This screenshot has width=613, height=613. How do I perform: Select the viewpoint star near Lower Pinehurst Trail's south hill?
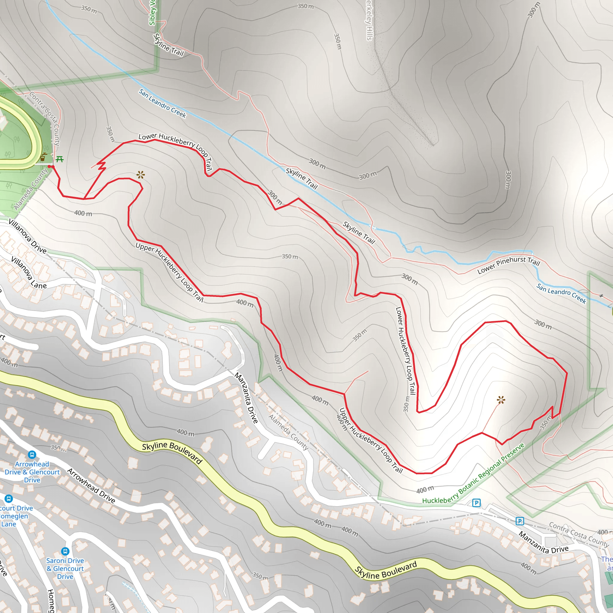pyautogui.click(x=501, y=400)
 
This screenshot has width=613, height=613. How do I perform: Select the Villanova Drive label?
pyautogui.click(x=28, y=236)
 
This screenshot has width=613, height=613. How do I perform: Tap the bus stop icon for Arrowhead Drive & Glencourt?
pyautogui.click(x=32, y=455)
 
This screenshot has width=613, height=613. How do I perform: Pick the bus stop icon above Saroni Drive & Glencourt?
pyautogui.click(x=65, y=551)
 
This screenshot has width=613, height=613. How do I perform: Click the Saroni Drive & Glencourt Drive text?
pyautogui.click(x=65, y=568)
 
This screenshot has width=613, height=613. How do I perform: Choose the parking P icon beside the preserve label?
pyautogui.click(x=476, y=503)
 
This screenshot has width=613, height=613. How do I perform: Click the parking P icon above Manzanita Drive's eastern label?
pyautogui.click(x=520, y=521)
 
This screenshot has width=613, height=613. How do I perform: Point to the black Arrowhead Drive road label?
pyautogui.click(x=91, y=486)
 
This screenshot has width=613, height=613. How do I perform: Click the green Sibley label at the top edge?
pyautogui.click(x=152, y=13)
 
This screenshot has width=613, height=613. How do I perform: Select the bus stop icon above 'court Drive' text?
pyautogui.click(x=9, y=498)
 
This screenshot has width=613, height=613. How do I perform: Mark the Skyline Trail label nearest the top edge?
pyautogui.click(x=169, y=45)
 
